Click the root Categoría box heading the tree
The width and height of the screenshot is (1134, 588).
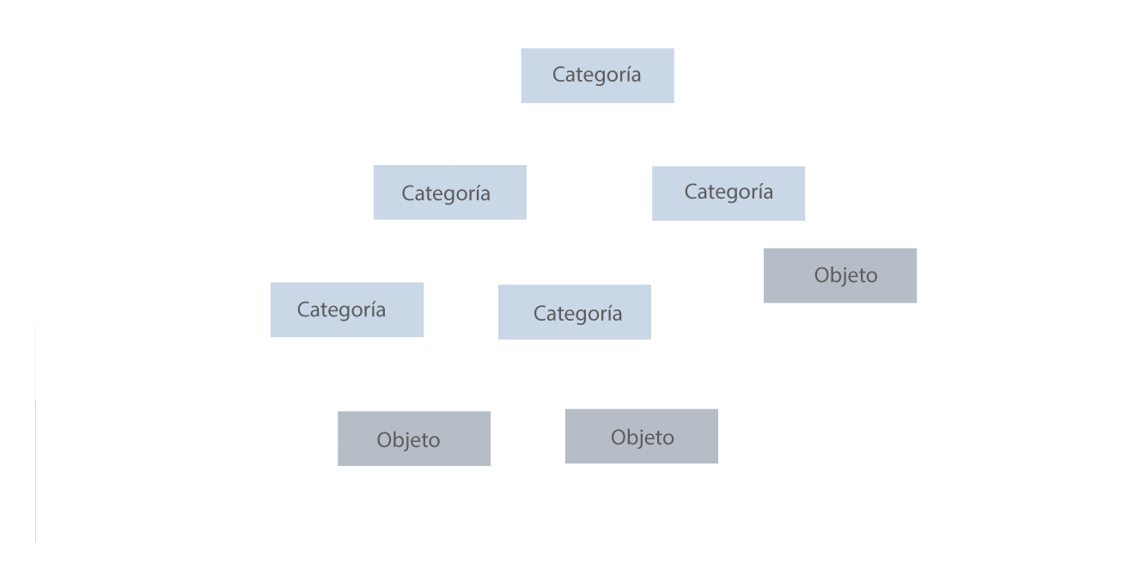598,76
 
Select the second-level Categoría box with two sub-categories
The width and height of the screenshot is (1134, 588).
450,193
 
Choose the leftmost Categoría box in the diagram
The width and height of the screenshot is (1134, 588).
346,309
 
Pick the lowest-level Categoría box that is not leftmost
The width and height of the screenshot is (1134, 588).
574,312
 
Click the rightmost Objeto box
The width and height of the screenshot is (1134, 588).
841,276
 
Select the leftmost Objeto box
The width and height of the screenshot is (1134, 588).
414,438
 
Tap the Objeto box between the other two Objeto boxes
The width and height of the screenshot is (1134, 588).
642,437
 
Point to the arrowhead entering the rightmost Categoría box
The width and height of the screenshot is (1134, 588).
734,162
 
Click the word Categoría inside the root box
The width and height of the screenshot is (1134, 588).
596,75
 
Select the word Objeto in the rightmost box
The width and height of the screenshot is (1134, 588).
846,276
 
